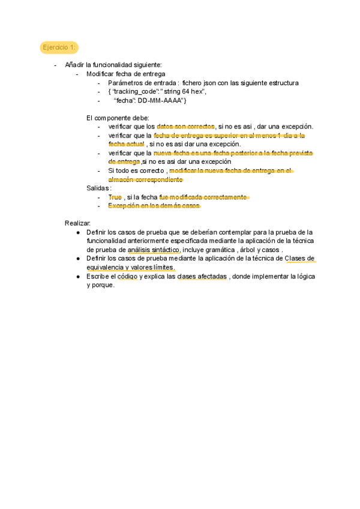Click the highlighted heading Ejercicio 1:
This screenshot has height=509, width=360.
59,47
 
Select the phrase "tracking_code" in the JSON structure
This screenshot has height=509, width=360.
136,91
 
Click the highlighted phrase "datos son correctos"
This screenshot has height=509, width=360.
185,127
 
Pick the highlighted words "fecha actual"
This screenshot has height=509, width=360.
127,144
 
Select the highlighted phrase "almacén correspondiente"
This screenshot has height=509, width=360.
145,179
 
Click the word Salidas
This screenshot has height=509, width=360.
98,188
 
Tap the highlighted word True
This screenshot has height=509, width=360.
115,197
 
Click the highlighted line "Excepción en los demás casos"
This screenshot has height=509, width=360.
154,206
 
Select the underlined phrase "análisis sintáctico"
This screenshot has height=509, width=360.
154,249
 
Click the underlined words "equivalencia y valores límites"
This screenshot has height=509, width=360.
131,267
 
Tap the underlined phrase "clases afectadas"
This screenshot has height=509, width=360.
202,277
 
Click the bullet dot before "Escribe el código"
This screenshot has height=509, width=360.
79,277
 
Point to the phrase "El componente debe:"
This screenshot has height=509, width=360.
118,118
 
